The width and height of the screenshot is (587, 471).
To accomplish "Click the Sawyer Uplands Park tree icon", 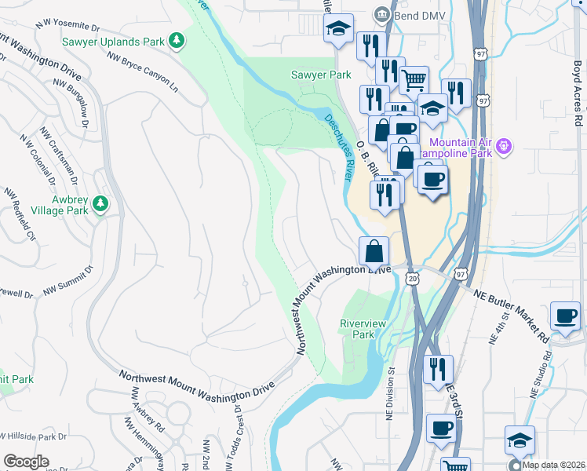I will pos(178,39).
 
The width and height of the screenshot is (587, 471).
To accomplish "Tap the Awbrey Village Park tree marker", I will pos(100,204).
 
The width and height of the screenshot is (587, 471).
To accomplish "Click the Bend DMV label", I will pos(414,13).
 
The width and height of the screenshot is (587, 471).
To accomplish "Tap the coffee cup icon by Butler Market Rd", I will pos(565,316).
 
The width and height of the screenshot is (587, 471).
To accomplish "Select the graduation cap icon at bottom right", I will pos(519,440).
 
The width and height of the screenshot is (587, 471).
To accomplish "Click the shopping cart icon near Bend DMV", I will pos(414,78).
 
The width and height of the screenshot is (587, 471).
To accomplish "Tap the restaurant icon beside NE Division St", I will pos(438,368).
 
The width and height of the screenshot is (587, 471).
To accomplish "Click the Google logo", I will pos(25,462).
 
